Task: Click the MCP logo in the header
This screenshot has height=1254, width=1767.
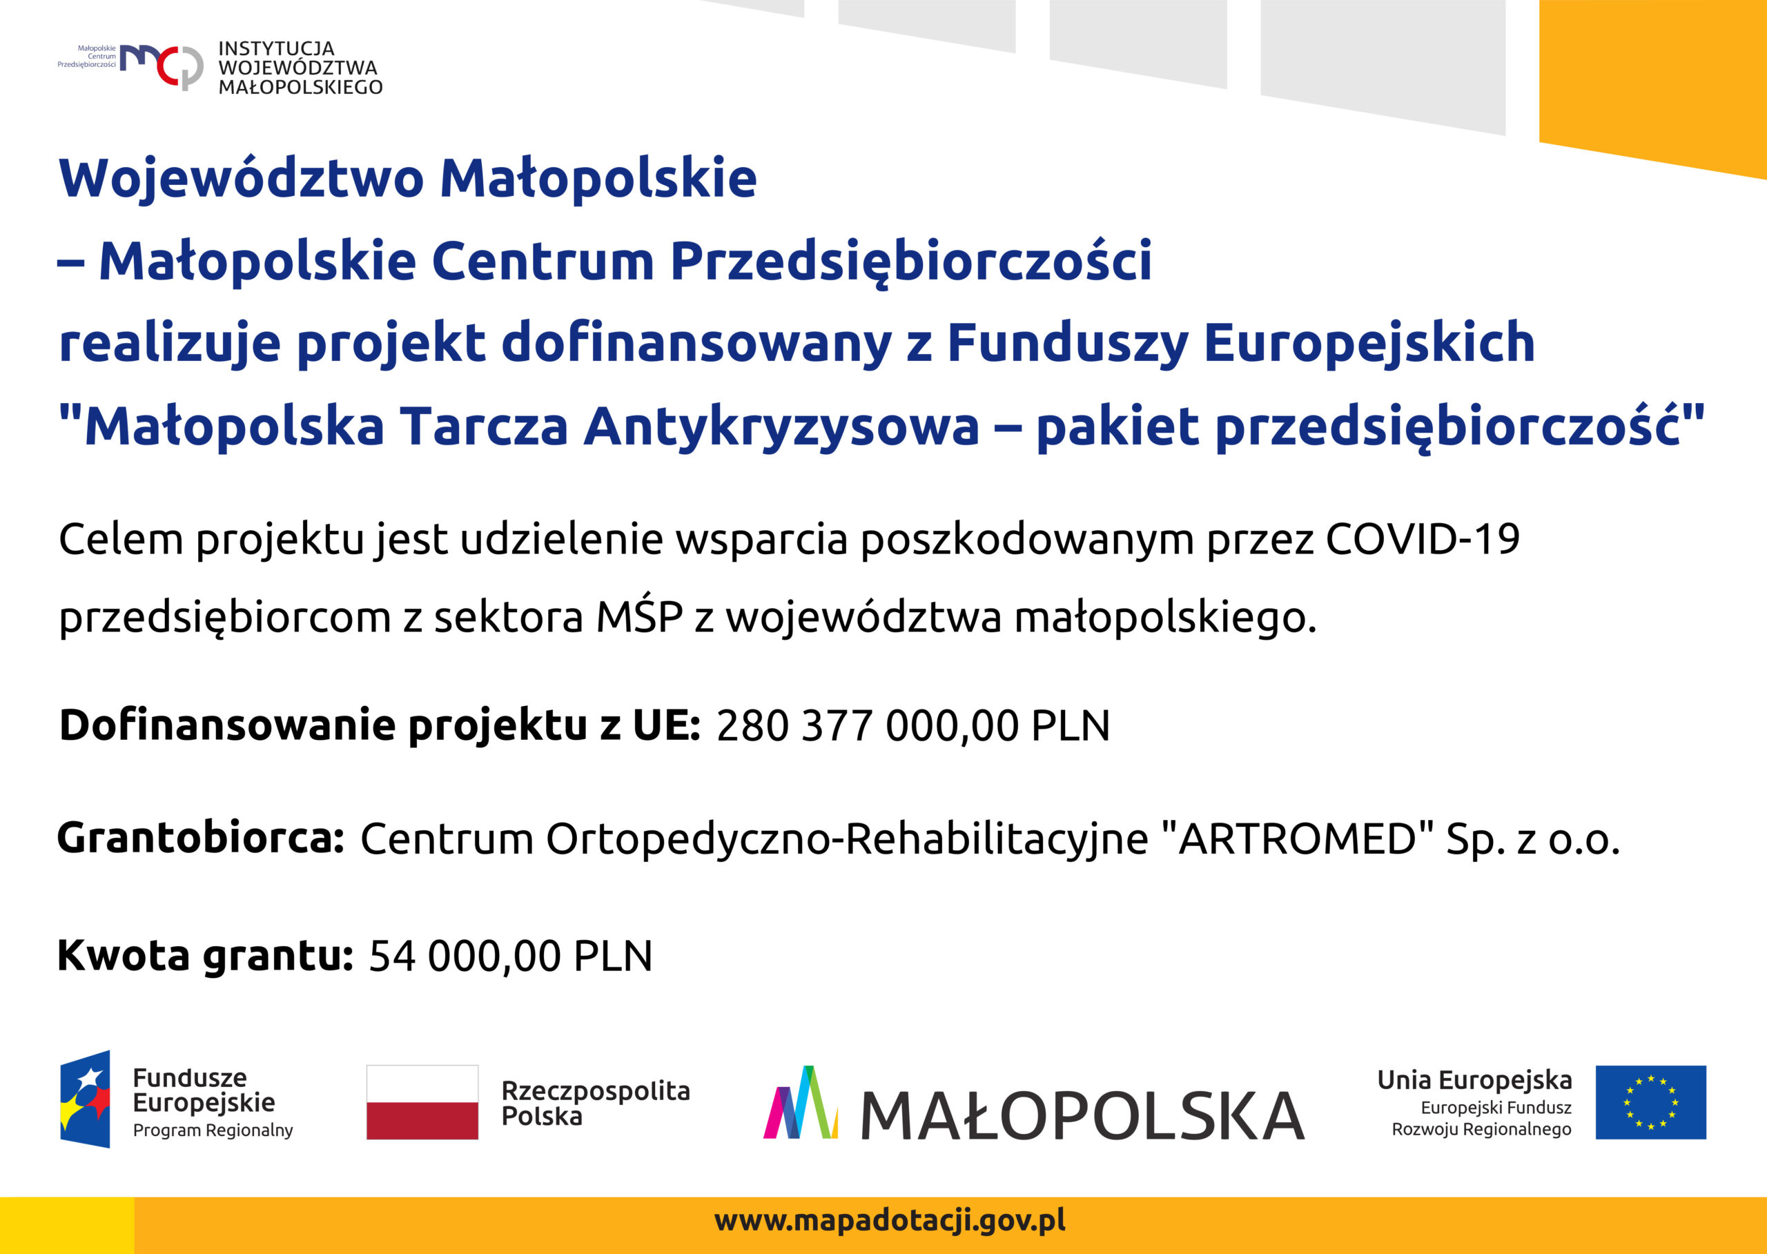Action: click(162, 66)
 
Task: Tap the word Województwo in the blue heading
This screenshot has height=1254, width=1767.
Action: click(242, 178)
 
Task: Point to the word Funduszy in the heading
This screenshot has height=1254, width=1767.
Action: click(1067, 344)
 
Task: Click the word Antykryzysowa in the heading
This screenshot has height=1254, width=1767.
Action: click(781, 427)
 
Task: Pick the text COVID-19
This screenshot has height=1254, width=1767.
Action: click(1423, 539)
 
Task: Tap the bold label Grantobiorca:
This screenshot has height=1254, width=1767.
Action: click(201, 838)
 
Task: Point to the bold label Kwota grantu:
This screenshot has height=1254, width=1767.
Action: click(206, 956)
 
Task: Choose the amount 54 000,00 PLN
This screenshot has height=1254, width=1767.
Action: click(511, 956)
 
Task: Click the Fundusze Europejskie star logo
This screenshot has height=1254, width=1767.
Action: click(85, 1099)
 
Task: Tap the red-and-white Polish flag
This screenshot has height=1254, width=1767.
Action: click(422, 1102)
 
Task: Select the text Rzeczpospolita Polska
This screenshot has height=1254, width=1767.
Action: click(596, 1103)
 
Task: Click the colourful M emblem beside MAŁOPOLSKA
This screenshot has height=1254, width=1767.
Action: click(800, 1102)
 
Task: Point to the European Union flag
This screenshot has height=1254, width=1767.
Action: click(1651, 1102)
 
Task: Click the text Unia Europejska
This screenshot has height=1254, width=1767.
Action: click(1474, 1079)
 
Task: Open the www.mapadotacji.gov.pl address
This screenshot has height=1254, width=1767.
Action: click(890, 1221)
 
